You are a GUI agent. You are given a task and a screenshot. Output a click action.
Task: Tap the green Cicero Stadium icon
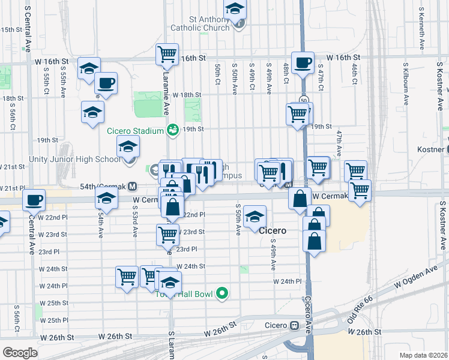pos(173,130)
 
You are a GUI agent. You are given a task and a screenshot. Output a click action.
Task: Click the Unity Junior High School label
pos(74,159)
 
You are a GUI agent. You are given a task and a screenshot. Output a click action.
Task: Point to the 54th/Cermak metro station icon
pos(131,187)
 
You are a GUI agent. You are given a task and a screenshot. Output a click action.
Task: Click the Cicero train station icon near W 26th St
pos(294,326)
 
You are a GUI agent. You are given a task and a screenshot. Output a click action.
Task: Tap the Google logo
pos(20,352)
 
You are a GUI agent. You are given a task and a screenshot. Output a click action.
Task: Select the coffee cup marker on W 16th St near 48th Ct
pos(303,63)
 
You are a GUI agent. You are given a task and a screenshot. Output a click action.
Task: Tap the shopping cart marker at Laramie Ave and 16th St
pos(167,53)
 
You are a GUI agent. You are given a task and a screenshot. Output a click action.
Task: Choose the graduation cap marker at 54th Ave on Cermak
pos(106,197)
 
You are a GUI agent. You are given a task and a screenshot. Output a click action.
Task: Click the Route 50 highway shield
pos(305,100)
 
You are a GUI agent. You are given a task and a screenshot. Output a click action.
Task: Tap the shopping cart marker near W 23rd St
pos(167,234)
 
